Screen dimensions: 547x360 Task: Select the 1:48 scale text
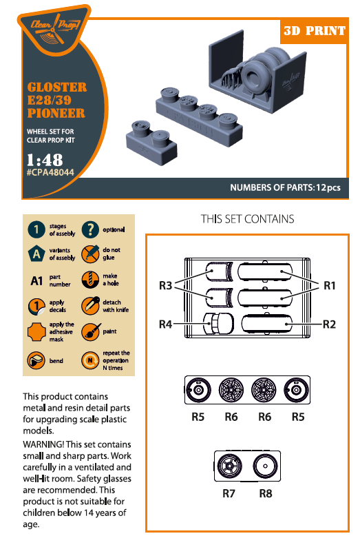pos(44,159)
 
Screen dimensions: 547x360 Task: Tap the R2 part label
pos(329,322)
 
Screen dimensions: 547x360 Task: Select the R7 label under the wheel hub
pos(229,493)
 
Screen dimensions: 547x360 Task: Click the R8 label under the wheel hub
pos(266,493)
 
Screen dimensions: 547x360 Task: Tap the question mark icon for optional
pos(89,229)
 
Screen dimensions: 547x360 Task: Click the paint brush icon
pos(89,331)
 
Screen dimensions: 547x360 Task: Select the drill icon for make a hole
pos(89,280)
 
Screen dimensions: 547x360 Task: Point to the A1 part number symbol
pos(36,280)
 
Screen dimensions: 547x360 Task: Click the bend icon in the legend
pos(36,360)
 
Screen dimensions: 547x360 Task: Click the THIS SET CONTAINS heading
pos(247,219)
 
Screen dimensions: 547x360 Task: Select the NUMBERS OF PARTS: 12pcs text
pos(285,187)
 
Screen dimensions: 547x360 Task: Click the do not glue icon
pos(89,254)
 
